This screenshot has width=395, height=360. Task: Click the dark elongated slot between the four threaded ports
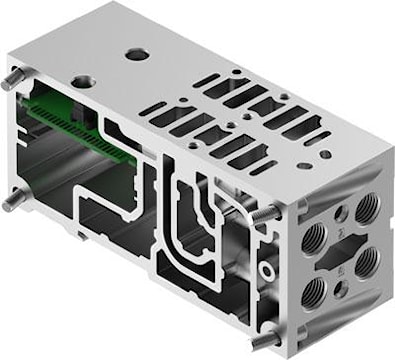click(341, 250)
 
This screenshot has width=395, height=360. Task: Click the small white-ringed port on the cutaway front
click(265, 271)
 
